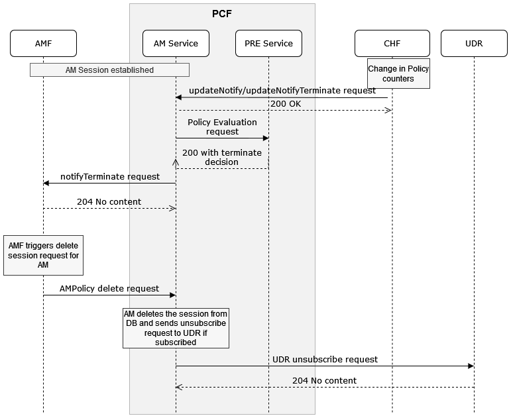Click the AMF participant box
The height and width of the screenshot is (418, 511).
(43, 44)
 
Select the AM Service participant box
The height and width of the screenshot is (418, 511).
(176, 44)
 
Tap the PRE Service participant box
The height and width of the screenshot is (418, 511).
(268, 44)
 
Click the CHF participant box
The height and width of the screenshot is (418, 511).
(392, 44)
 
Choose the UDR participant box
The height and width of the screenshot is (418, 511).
(474, 44)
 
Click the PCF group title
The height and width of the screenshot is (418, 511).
(222, 13)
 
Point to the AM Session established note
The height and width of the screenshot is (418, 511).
(109, 70)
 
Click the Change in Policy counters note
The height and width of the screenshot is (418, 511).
(398, 74)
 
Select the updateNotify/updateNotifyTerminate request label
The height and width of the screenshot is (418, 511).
(282, 90)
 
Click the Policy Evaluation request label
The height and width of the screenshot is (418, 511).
(222, 127)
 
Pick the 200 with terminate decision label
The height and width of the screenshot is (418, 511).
(222, 157)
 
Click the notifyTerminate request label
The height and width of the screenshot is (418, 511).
(110, 177)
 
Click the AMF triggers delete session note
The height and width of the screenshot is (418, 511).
(43, 255)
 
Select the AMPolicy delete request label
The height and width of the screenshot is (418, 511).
(109, 289)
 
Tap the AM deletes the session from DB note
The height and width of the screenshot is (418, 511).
(176, 327)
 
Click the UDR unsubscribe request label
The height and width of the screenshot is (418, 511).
(325, 359)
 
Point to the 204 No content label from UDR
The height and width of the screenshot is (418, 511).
(325, 381)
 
